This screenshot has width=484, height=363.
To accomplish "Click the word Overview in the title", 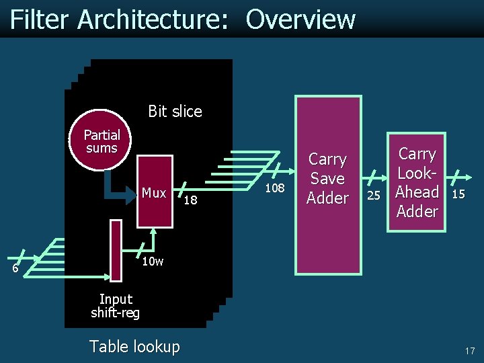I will click(300, 19).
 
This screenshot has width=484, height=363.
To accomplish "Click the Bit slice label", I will click(175, 112).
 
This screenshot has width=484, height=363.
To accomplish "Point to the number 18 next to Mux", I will click(190, 200).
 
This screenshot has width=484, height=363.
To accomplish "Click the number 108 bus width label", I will click(274, 188).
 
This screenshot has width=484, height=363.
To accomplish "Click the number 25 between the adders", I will click(374, 195).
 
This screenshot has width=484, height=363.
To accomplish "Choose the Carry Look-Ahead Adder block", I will click(417, 182).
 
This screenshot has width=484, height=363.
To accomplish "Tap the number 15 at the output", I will click(458, 194).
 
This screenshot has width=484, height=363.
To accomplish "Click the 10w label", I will click(153, 261).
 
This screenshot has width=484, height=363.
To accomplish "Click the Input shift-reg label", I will click(116, 306).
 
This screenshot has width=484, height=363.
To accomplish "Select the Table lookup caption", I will click(134, 347).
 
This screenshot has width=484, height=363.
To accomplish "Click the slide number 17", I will click(469, 350).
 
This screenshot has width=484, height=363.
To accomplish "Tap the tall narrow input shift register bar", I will click(116, 250).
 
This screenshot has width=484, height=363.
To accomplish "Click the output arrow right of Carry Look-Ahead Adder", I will click(458, 178).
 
